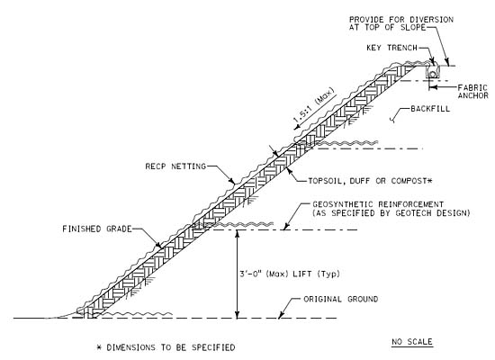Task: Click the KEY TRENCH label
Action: (391, 48)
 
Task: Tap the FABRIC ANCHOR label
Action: (472, 92)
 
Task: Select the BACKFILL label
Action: (430, 109)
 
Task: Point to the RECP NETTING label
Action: (175, 166)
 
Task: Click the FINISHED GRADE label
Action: (97, 229)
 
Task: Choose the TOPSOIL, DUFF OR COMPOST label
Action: (370, 181)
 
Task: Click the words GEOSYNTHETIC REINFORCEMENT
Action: (378, 204)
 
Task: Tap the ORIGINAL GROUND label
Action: (340, 299)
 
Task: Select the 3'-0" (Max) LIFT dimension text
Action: (290, 274)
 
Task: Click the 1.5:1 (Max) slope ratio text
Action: (313, 106)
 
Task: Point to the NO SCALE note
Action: (412, 342)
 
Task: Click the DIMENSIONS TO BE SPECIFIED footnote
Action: (166, 347)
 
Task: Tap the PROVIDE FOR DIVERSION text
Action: (401, 20)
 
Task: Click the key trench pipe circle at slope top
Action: (433, 73)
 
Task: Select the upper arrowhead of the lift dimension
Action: (238, 233)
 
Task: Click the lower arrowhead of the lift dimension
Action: (238, 314)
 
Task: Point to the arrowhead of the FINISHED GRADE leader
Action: (158, 246)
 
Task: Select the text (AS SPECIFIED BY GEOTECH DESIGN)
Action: (391, 213)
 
